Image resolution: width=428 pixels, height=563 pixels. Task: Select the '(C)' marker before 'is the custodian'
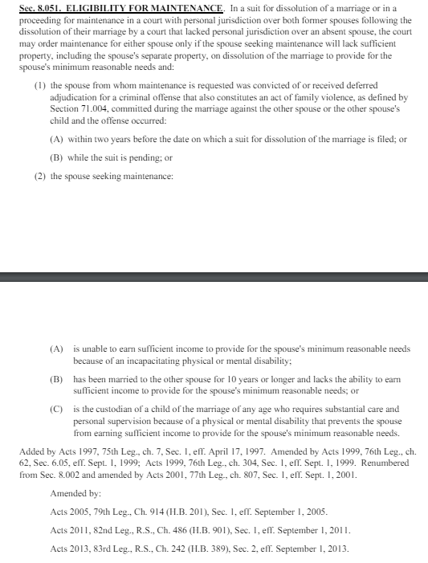[x=56, y=409]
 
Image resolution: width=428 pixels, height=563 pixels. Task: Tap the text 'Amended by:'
[x=72, y=492]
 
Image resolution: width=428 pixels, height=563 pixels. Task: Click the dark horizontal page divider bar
[x=214, y=278]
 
